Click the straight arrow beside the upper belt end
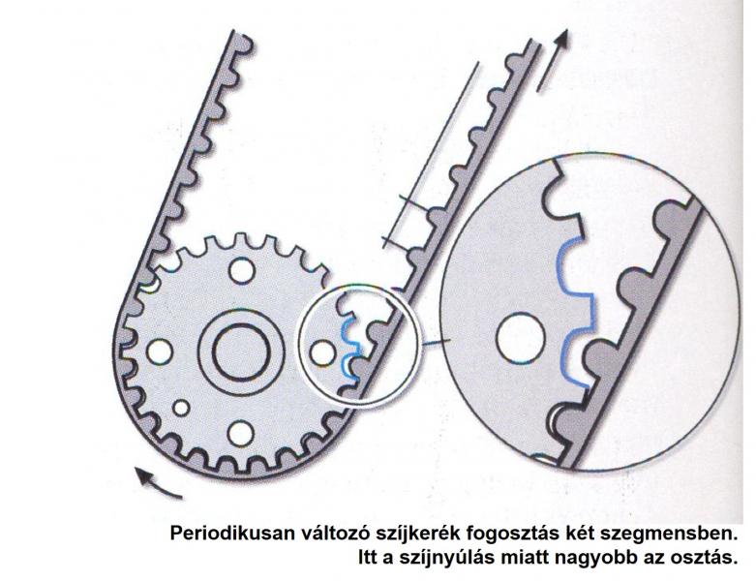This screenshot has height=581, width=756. pyautogui.click(x=554, y=60)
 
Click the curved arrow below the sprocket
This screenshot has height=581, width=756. pyautogui.click(x=157, y=483)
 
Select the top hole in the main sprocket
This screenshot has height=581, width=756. pyautogui.click(x=242, y=270)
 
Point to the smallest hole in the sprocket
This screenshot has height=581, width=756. pyautogui.click(x=181, y=408)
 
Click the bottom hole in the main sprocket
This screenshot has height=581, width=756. pyautogui.click(x=241, y=433)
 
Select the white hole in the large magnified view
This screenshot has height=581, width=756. pyautogui.click(x=520, y=338)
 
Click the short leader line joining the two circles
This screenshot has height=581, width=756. pyautogui.click(x=436, y=343)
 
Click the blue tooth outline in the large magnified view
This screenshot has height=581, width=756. pyautogui.click(x=575, y=314)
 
